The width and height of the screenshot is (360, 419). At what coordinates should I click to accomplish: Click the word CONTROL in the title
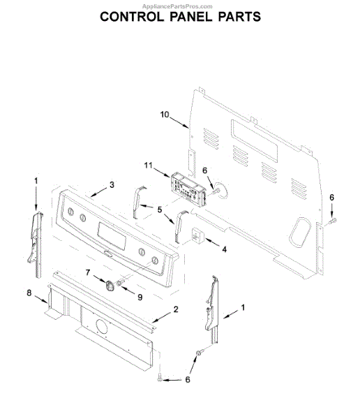click(132, 17)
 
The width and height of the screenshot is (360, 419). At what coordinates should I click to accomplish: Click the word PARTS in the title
click(239, 17)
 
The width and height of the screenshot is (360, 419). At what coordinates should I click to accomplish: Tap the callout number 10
click(165, 115)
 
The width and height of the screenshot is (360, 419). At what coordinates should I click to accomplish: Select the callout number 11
click(148, 166)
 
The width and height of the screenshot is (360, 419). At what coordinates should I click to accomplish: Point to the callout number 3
click(112, 184)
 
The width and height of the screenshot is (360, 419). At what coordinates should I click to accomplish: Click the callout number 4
click(225, 249)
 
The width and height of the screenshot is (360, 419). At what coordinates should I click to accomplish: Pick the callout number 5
click(160, 209)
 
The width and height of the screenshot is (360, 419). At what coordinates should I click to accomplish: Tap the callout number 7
click(88, 272)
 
